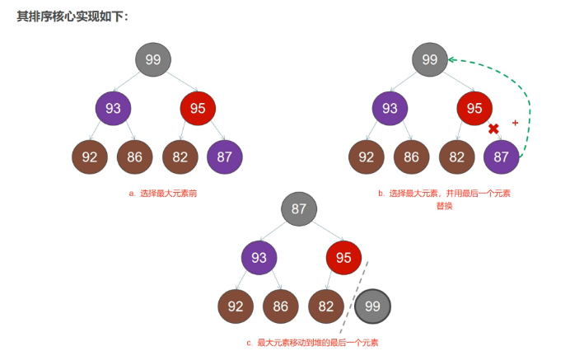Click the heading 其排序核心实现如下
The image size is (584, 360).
[x=72, y=16]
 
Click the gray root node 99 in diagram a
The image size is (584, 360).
[x=153, y=60]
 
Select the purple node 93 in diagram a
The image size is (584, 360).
[x=113, y=109]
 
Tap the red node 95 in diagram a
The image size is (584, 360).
[x=198, y=109]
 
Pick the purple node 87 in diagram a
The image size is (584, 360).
[x=225, y=157]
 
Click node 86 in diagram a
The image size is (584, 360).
[x=135, y=157]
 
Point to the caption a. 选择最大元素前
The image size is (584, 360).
[x=162, y=194]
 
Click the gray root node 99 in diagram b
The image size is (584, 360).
[x=429, y=60]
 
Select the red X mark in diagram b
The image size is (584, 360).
[x=494, y=129]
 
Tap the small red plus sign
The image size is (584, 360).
[x=516, y=123]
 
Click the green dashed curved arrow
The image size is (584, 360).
[x=528, y=99]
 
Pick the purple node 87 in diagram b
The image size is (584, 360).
[x=502, y=157]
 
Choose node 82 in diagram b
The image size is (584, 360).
[x=456, y=157]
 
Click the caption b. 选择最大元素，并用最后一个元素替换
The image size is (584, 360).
[x=444, y=199]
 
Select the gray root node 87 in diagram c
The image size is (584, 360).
[x=299, y=209]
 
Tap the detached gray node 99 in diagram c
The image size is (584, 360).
[x=373, y=306]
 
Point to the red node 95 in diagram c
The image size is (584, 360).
[x=343, y=258]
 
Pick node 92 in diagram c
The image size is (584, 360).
[x=236, y=306]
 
